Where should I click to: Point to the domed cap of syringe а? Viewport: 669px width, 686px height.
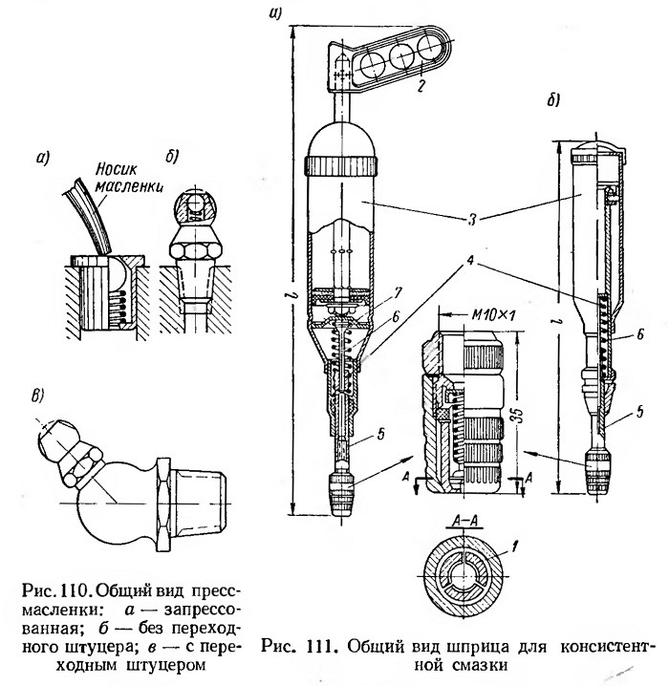click(x=344, y=139)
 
